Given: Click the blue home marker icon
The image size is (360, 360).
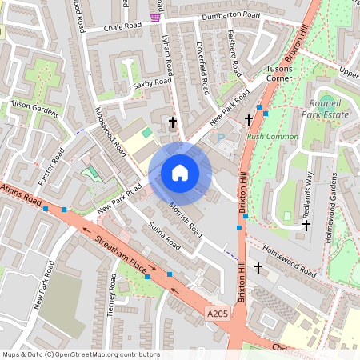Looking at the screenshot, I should [180, 172].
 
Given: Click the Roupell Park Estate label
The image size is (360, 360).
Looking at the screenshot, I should [331, 109].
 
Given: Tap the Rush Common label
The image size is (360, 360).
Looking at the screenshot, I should [273, 137].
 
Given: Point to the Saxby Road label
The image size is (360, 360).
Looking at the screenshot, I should [153, 83].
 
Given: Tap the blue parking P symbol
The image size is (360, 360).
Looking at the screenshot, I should [222, 138].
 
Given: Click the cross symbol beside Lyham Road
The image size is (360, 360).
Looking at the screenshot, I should [173, 122].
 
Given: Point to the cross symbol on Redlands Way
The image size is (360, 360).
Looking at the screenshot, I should [306, 226].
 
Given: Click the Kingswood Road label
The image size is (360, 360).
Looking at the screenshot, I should [111, 130].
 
